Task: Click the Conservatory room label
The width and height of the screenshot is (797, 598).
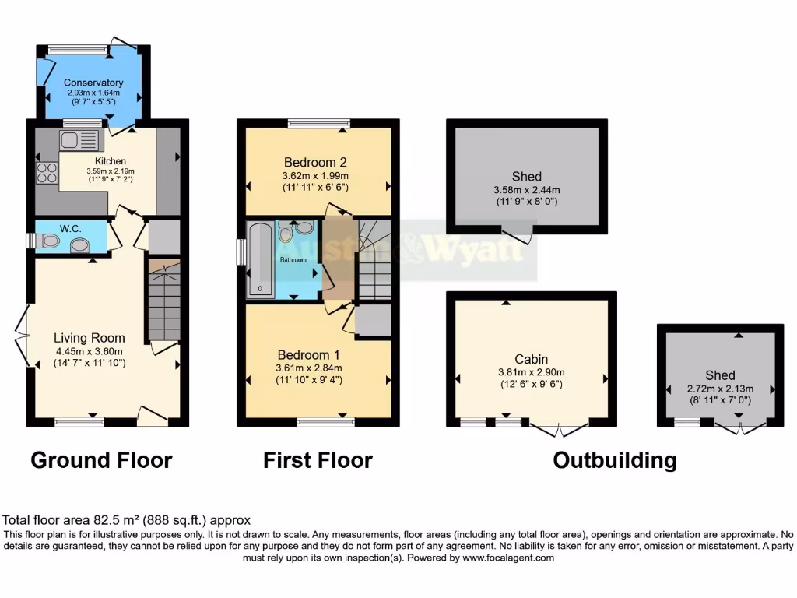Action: point(93,83)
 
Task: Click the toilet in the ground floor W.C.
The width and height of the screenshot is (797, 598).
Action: point(48,241)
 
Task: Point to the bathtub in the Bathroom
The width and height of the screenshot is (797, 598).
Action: point(259,260)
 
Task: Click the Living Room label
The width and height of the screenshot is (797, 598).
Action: point(90,338)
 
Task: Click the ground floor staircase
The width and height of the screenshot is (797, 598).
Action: point(163,304)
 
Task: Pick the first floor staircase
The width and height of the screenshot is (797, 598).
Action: point(374,262)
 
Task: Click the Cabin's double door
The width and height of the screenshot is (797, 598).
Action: point(559,427)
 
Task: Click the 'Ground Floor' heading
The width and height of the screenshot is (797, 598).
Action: point(101,460)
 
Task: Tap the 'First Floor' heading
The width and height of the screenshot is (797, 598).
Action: point(318,460)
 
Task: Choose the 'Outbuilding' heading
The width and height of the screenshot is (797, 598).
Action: point(614,460)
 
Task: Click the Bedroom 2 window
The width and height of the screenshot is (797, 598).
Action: point(318,122)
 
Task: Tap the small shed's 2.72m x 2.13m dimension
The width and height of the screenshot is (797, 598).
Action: point(720,388)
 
